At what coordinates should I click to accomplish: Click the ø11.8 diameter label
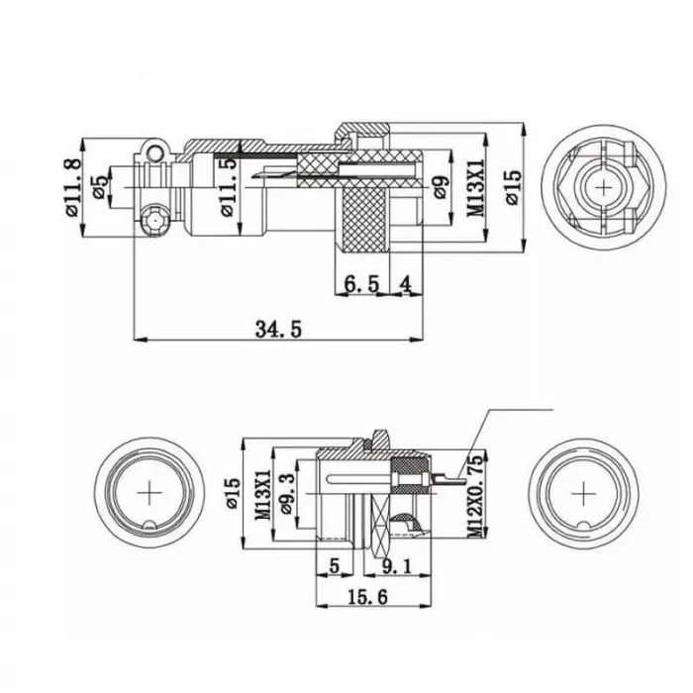click(71, 188)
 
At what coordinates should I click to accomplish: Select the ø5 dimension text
click(100, 187)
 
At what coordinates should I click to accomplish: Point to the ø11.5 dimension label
click(229, 187)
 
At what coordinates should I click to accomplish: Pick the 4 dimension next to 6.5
click(405, 284)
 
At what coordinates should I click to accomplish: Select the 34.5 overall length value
click(276, 329)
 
